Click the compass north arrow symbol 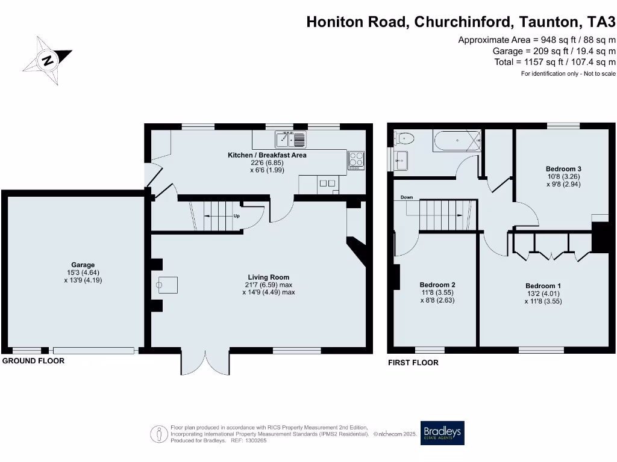click(x=47, y=60)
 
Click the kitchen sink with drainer click(x=291, y=140)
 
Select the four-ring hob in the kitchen click(x=355, y=160)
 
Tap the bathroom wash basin click(x=401, y=161)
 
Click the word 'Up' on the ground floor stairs click(x=237, y=216)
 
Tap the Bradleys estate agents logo click(x=443, y=433)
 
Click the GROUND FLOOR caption click(x=33, y=361)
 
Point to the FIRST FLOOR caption click(x=413, y=363)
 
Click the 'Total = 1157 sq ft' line click(x=554, y=62)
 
